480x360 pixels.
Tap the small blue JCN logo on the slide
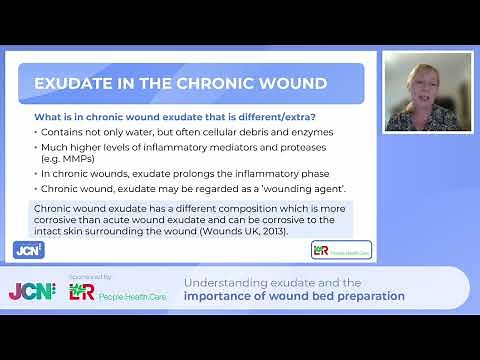[28, 249]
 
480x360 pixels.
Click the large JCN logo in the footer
[31, 291]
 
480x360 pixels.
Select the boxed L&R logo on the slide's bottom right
[341, 249]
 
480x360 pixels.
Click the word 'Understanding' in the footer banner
[219, 282]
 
